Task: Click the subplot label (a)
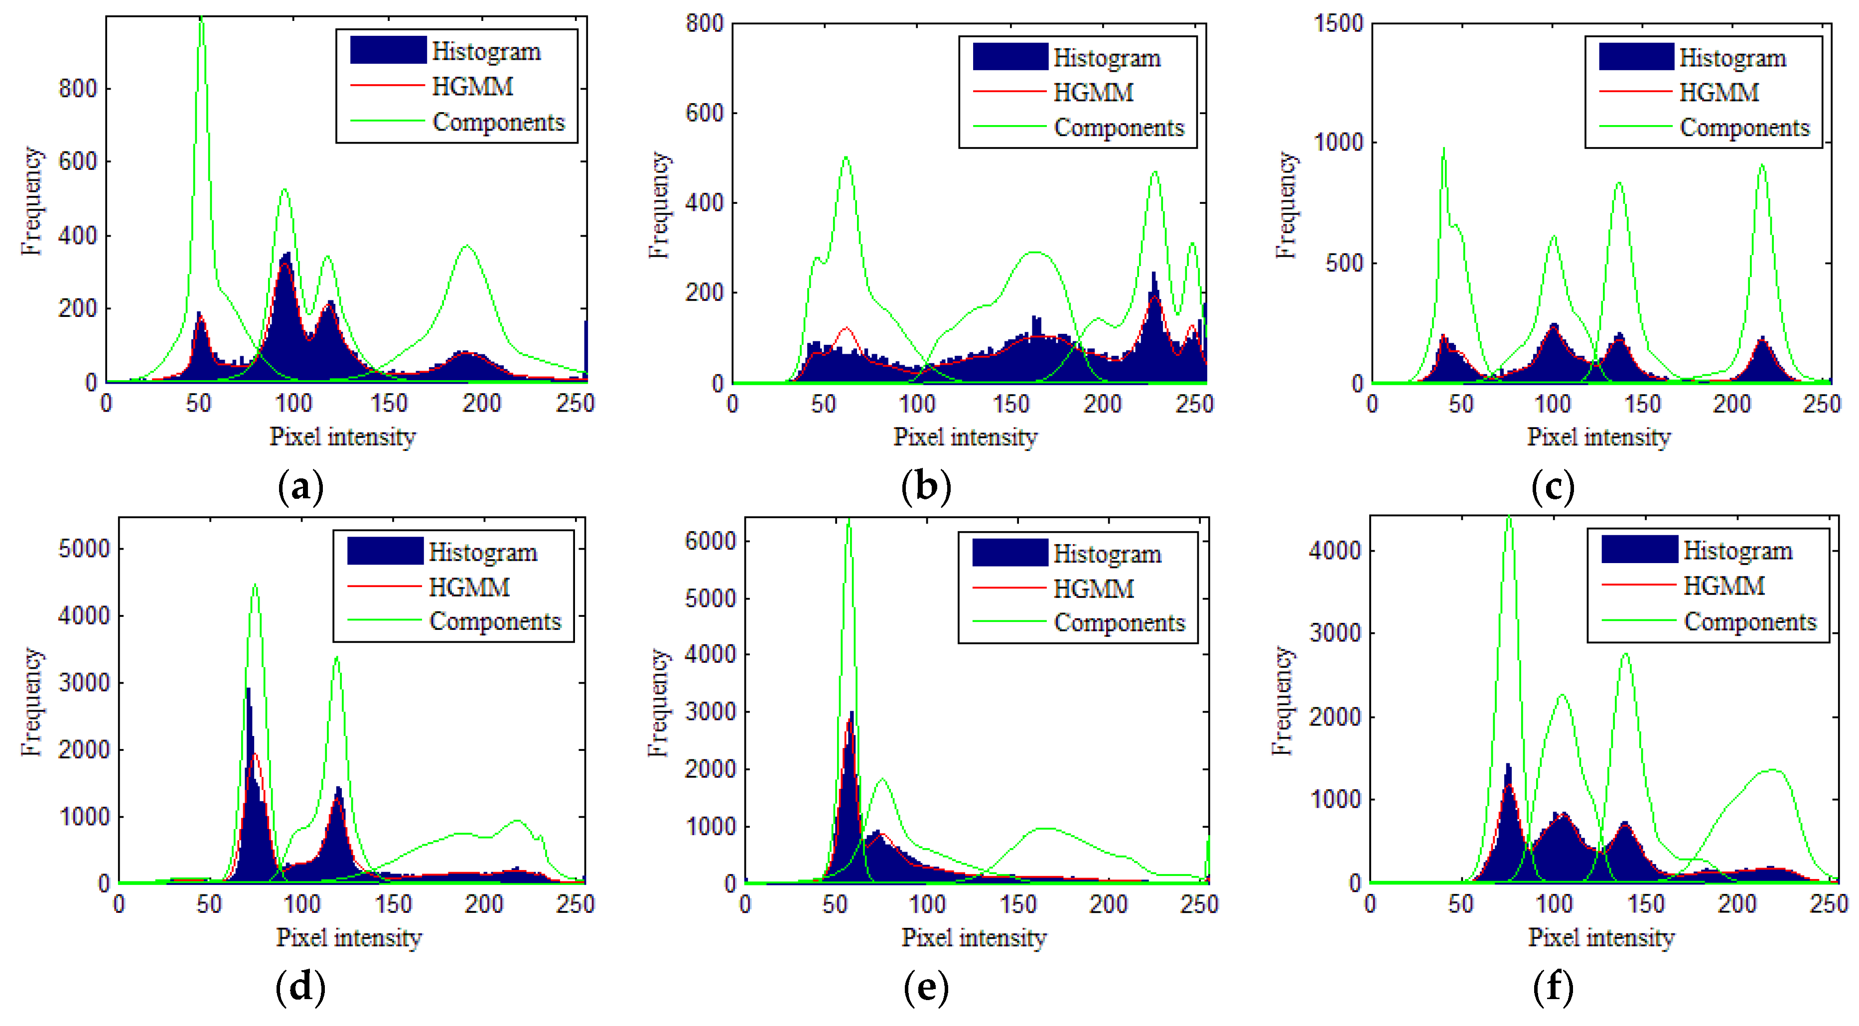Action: (300, 487)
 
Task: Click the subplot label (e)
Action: (926, 987)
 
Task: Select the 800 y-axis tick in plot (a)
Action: (77, 89)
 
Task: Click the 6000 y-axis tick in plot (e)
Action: (710, 541)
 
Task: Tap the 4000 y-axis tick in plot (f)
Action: (1334, 551)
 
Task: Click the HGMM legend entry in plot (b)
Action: (1093, 92)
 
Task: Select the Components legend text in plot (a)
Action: (498, 122)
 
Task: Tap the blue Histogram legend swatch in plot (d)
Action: (385, 551)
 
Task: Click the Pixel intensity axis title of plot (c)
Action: (1598, 437)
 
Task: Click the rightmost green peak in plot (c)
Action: (1761, 165)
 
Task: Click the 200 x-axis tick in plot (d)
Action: (483, 904)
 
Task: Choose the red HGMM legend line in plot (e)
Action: (1009, 588)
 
